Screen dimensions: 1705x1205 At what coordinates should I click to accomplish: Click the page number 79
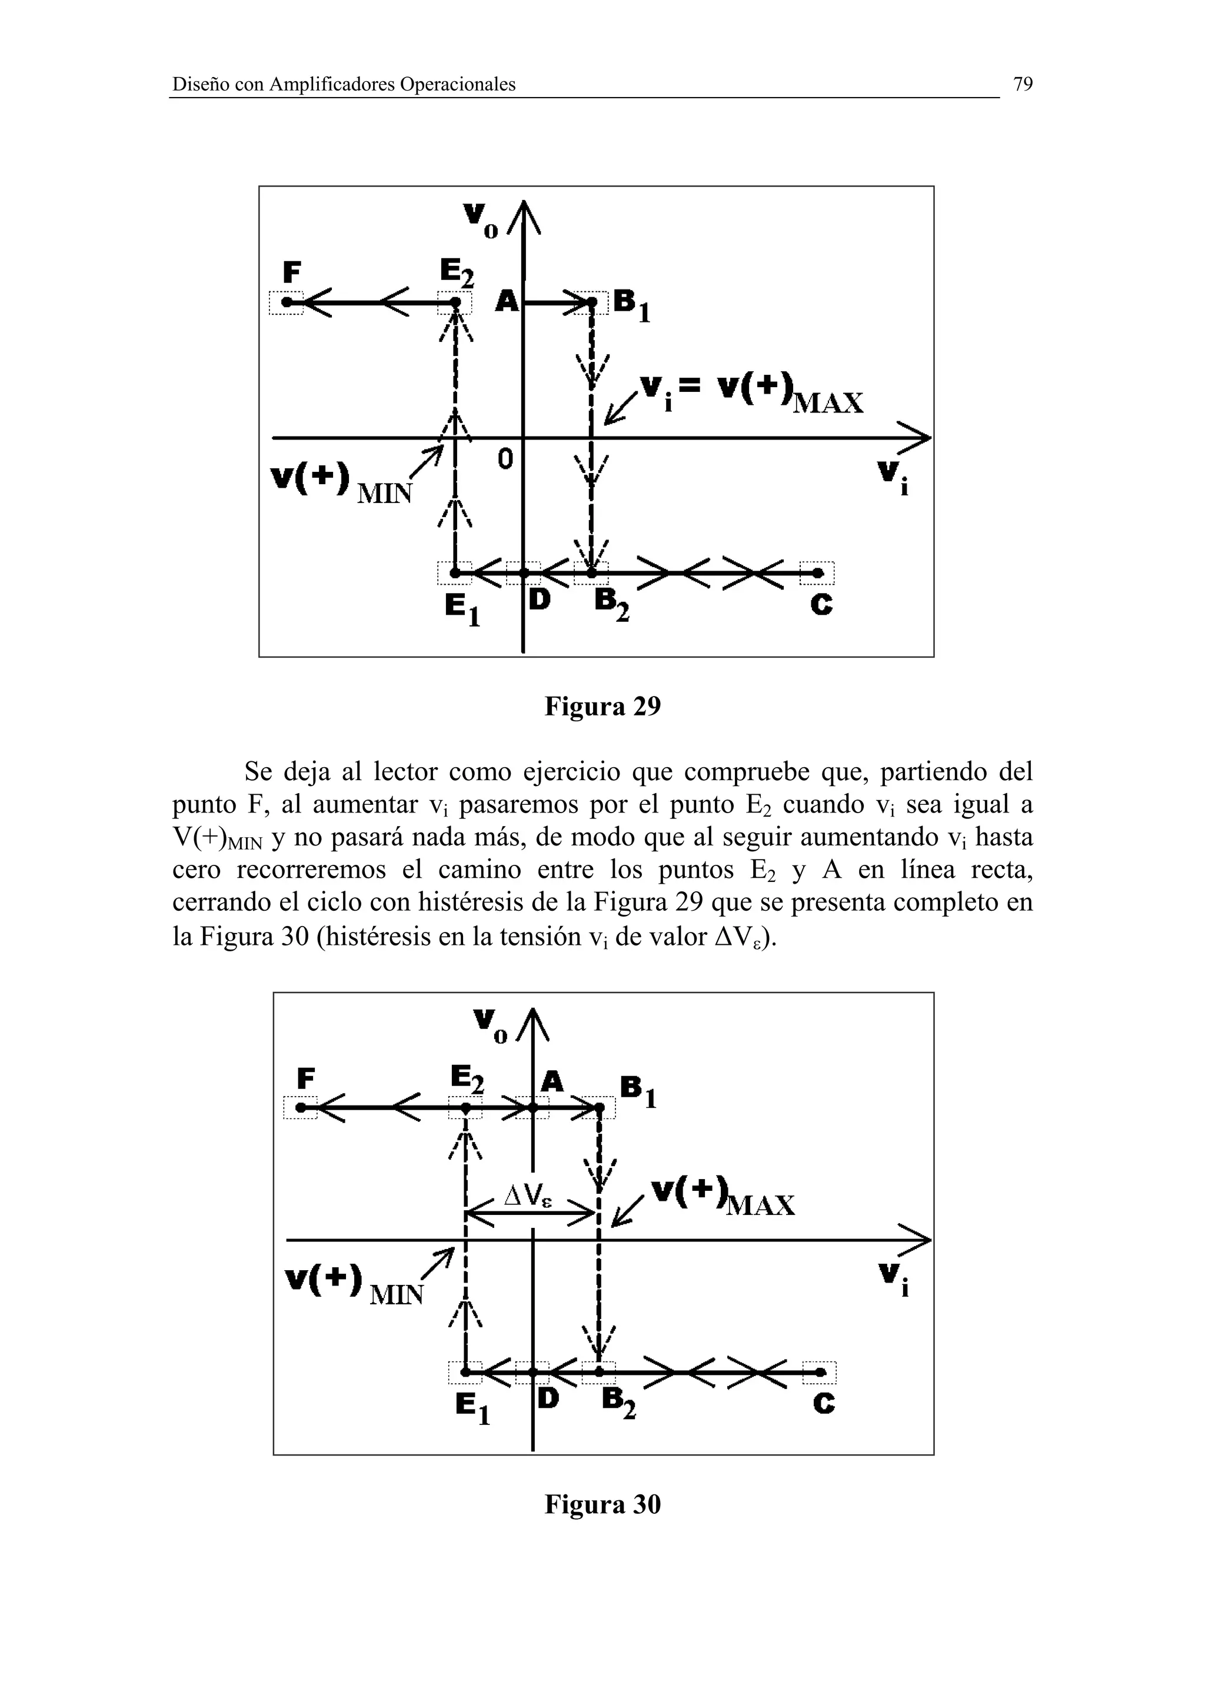(x=1023, y=85)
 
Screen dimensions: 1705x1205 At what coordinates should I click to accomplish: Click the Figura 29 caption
(x=602, y=706)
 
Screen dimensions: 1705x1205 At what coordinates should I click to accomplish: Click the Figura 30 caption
(x=602, y=1504)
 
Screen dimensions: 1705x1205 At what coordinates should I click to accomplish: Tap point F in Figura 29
(x=287, y=303)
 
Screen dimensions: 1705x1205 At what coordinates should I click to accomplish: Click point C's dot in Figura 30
(x=820, y=1373)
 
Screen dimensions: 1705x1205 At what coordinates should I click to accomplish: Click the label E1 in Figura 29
(x=462, y=610)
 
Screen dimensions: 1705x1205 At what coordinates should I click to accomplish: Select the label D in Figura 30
(x=548, y=1399)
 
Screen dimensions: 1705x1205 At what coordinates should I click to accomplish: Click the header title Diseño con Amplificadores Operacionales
(x=344, y=85)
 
